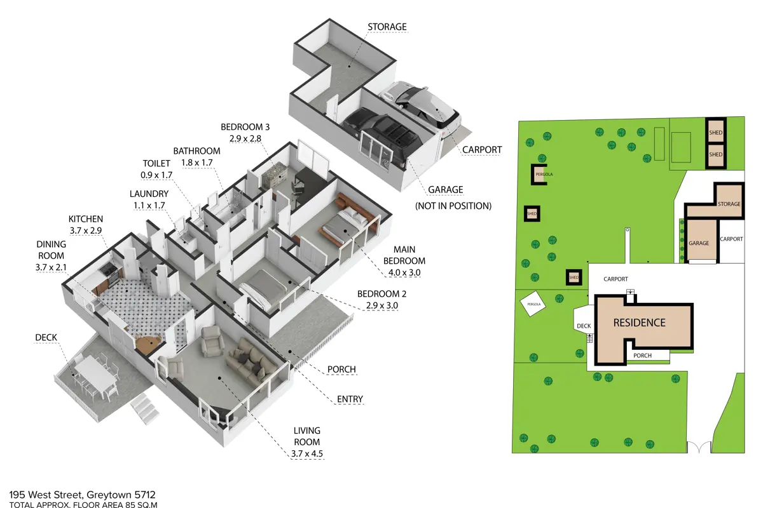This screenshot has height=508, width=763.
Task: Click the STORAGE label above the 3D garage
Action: pos(387,27)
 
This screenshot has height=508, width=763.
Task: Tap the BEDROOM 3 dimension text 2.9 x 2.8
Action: pos(245,138)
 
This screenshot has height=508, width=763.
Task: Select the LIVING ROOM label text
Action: pos(307,436)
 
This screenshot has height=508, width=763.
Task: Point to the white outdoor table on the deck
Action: pos(96,372)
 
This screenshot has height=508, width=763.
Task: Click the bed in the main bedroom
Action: pos(345,225)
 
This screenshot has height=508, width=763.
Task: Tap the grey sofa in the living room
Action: pos(251,360)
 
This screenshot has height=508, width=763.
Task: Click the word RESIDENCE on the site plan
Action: pos(640,323)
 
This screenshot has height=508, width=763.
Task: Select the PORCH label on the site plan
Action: pos(642,356)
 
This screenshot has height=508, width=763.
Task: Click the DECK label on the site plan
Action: pos(584,326)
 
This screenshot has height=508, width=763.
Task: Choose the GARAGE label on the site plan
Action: pos(699,243)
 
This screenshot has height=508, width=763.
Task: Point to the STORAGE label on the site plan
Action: pos(729,204)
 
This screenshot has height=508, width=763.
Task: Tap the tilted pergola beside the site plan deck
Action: pos(533,304)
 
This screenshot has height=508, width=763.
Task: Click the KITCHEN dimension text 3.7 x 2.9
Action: pos(86,231)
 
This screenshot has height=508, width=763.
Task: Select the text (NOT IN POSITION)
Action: pos(453,206)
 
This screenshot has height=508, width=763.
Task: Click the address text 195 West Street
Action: pos(46,495)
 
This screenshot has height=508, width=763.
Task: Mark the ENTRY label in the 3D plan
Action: pos(350,399)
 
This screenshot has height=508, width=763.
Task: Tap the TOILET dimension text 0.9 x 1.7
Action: pos(156,175)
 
